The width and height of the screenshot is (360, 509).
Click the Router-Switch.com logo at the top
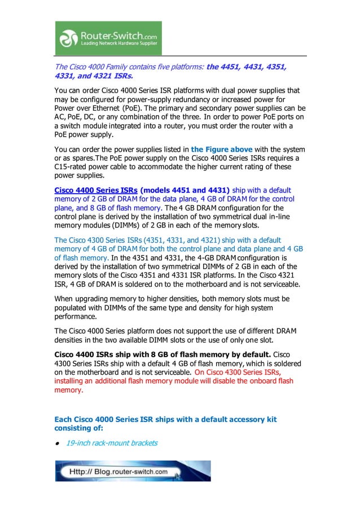tap(108, 38)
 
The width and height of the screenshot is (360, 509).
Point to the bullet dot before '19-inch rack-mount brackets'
tap(58, 444)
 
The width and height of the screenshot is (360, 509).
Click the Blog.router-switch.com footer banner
tap(133, 471)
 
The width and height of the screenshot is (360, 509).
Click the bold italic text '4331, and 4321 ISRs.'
tap(94, 76)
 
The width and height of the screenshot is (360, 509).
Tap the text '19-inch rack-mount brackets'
tap(112, 443)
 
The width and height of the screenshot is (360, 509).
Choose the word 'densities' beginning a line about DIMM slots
tap(71, 340)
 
